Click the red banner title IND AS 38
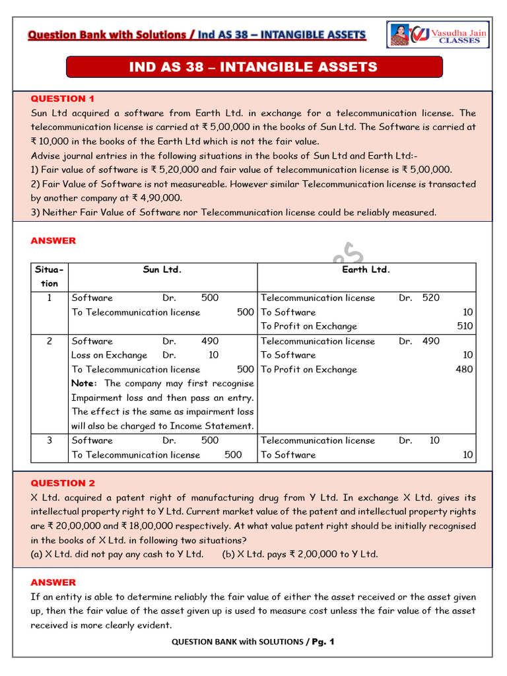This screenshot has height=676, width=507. click(x=253, y=67)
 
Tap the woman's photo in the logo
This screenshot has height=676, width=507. click(x=399, y=35)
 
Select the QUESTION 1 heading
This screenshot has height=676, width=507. click(x=58, y=98)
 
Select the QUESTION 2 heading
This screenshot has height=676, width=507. click(x=58, y=483)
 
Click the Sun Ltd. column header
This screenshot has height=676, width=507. click(x=162, y=269)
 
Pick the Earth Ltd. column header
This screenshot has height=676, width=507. click(x=366, y=269)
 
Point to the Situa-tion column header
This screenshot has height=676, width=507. click(x=49, y=276)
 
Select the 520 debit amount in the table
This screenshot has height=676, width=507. click(x=430, y=298)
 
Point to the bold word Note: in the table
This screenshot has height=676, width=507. click(x=84, y=383)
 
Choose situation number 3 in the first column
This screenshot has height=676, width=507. click(x=49, y=440)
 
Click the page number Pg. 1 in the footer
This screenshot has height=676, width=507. click(x=322, y=642)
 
